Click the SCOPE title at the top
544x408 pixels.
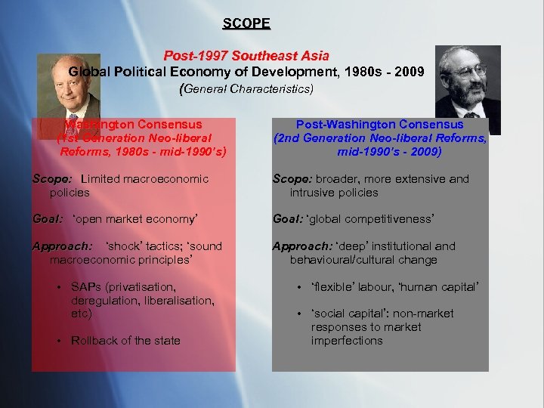pos(246,23)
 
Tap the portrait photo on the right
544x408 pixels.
pos(468,79)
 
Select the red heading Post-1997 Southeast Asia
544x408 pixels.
pos(246,57)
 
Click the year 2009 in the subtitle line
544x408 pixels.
pos(407,72)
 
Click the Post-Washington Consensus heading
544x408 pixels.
pos(380,124)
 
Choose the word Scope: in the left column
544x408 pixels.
pos(52,179)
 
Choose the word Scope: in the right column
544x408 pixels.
pos(292,179)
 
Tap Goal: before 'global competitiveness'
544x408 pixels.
pos(288,219)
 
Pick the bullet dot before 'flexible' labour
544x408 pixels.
pos(299,287)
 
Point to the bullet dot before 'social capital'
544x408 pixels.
pos(299,314)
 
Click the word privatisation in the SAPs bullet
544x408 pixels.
pos(141,287)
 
